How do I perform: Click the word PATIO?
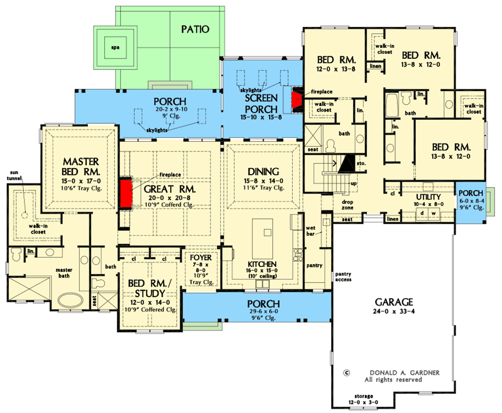click(195, 29)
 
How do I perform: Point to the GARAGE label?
click(394, 303)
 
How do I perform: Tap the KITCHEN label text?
click(263, 264)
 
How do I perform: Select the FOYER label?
click(201, 257)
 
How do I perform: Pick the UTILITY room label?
click(428, 197)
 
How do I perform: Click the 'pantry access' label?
click(343, 277)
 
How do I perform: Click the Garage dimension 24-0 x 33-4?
click(394, 313)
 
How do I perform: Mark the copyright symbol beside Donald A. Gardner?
click(347, 372)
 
